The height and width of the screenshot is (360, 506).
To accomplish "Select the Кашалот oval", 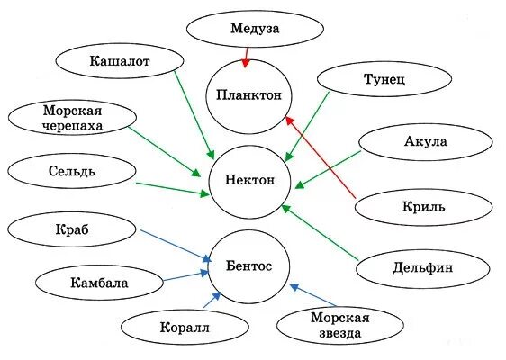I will [120, 61].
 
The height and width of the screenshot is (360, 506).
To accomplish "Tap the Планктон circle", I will [248, 94].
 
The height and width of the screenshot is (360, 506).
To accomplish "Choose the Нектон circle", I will [248, 181].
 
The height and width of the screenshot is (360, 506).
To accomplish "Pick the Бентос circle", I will [248, 265].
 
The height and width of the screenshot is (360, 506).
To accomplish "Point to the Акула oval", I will [426, 142].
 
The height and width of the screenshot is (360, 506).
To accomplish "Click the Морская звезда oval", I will [335, 325].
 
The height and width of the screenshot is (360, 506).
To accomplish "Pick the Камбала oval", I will [99, 283].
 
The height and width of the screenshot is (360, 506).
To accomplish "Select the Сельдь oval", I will [68, 171].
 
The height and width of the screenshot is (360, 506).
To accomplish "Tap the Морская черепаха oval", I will [73, 118].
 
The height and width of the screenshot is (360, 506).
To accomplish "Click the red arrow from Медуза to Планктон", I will [245, 57].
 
